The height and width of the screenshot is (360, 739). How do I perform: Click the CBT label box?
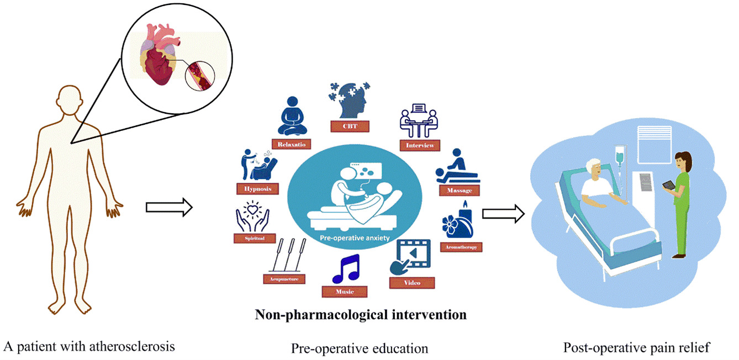tap(349, 126)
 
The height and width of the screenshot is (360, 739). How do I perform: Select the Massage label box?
tap(459, 190)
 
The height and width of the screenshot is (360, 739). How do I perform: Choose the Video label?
tap(412, 283)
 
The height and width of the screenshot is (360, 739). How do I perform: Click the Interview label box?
tap(420, 145)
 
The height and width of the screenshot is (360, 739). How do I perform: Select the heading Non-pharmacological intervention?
tap(361, 315)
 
